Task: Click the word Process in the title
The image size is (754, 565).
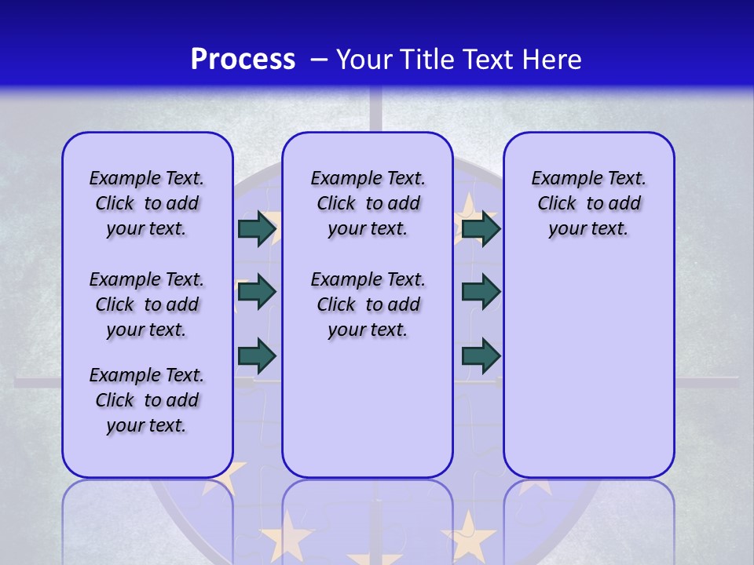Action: coord(243,60)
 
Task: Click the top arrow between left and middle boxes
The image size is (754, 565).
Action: coord(257,228)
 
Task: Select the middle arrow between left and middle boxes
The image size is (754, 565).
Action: coord(257,292)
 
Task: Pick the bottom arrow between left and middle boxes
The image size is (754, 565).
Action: coord(257,355)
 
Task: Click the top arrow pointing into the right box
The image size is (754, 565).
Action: coord(481,228)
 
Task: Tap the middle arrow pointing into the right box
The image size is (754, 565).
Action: coord(481,292)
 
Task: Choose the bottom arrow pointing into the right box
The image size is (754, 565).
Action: coord(481,355)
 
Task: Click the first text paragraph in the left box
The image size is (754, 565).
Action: coord(147,203)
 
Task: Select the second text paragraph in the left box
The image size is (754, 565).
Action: coord(147,304)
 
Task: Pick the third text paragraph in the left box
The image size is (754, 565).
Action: coord(147,400)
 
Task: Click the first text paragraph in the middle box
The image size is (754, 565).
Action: coord(368,203)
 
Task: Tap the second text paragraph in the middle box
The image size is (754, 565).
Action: coord(368,304)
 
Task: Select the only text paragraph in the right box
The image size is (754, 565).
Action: coord(588,203)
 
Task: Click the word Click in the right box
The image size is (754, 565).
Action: coord(557,203)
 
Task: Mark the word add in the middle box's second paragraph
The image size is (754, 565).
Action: coord(404,304)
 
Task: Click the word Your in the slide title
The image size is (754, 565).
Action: coord(364,60)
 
